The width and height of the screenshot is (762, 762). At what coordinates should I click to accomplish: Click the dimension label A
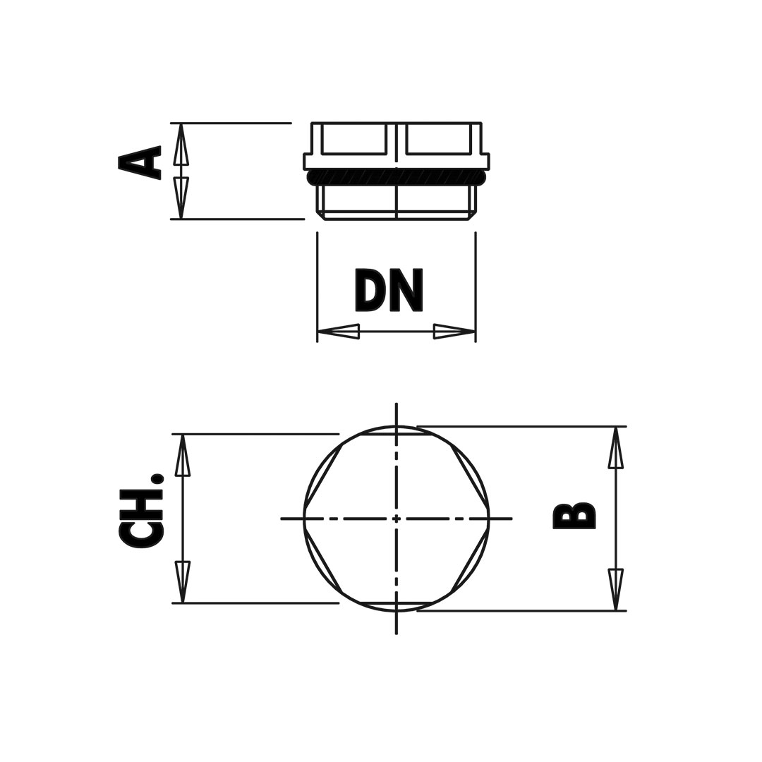tap(140, 163)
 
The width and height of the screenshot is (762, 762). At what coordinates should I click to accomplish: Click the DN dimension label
tap(389, 289)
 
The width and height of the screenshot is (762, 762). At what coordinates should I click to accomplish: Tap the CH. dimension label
tap(141, 510)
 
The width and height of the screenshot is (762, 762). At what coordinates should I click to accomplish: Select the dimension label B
tap(574, 515)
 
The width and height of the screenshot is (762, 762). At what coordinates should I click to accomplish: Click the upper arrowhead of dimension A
tap(181, 144)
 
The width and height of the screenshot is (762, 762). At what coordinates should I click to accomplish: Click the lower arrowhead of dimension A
tap(181, 198)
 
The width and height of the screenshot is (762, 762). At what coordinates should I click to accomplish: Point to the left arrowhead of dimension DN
tap(338, 332)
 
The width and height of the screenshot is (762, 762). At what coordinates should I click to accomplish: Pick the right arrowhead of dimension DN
tap(454, 332)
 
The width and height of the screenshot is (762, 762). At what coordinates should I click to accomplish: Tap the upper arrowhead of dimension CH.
tap(183, 455)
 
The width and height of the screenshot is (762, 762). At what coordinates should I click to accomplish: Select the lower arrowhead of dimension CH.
tap(183, 582)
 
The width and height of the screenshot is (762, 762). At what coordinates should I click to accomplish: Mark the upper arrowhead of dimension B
tap(616, 447)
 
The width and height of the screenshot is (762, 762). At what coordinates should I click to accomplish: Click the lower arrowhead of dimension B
tap(616, 589)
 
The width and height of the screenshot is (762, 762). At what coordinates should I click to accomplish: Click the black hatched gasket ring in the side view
tap(397, 177)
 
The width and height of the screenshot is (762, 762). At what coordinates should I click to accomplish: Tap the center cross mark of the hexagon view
tap(397, 519)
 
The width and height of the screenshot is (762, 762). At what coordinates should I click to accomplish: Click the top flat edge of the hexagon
tap(396, 435)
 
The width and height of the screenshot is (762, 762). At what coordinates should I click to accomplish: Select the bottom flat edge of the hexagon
tap(396, 603)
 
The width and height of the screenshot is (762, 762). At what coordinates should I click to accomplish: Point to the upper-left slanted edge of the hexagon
tap(324, 476)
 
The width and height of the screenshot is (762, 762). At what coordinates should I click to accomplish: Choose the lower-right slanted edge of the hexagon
tap(469, 560)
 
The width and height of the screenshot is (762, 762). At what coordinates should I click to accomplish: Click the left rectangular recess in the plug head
tap(353, 138)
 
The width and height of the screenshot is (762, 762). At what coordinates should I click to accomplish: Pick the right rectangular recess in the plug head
tap(439, 138)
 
